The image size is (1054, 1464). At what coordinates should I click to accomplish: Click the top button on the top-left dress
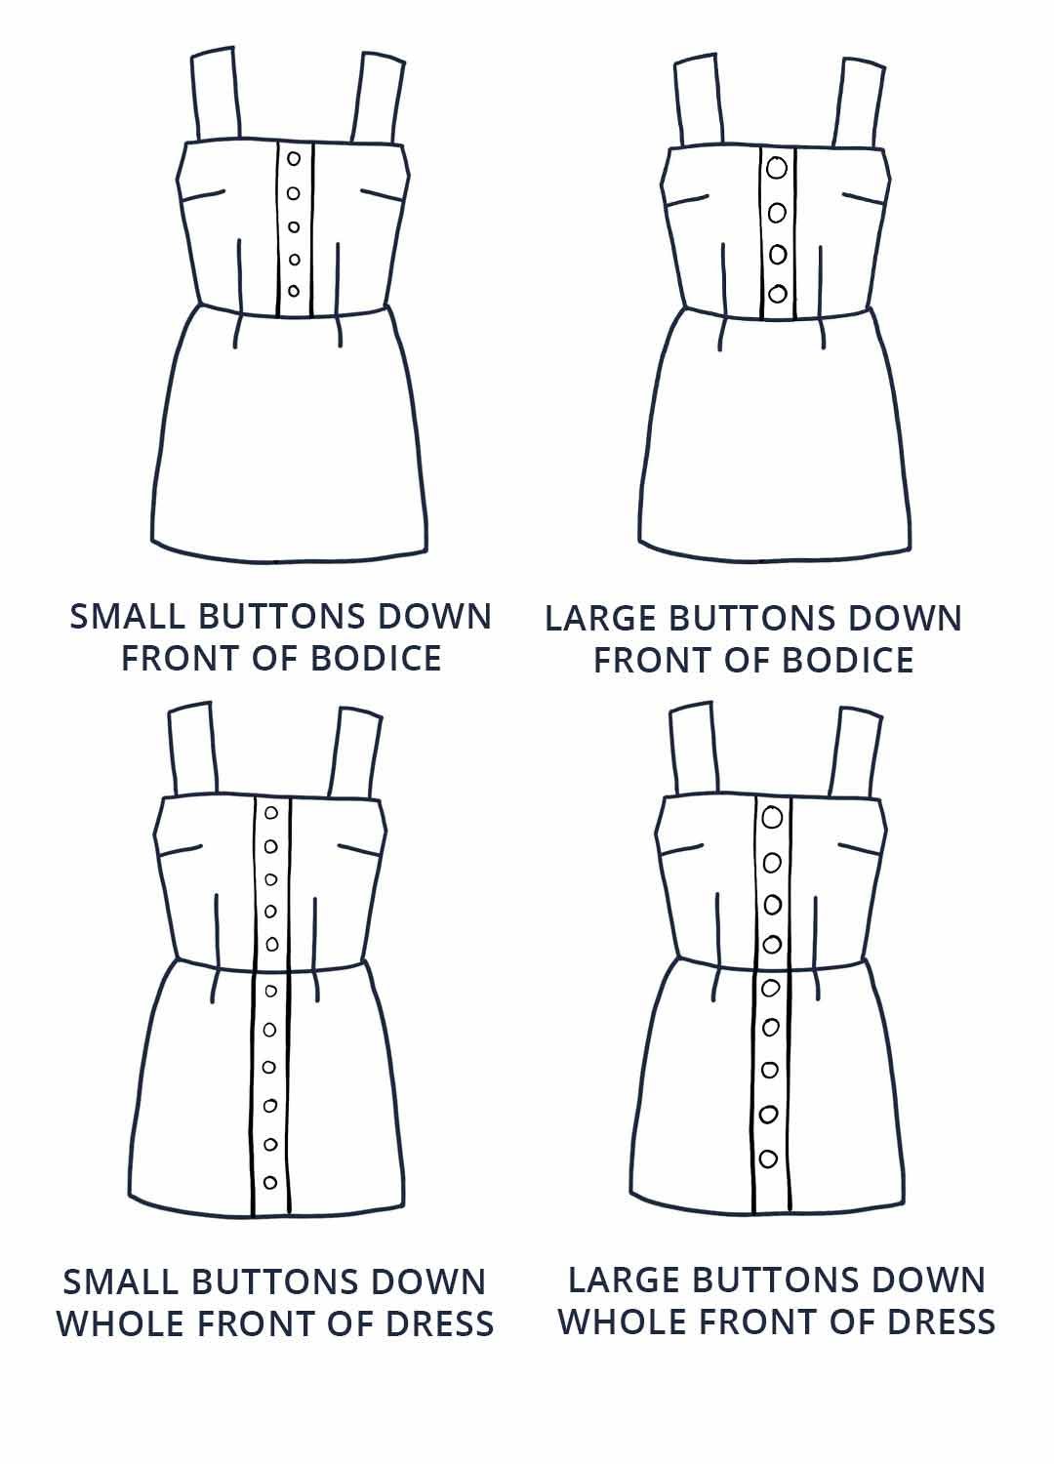click(294, 158)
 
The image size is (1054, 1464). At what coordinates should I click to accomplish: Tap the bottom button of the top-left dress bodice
click(294, 291)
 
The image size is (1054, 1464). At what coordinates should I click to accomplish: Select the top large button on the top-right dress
click(777, 168)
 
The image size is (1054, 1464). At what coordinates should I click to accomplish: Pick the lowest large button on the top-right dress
click(778, 294)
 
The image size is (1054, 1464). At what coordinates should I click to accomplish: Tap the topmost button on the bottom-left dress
click(270, 813)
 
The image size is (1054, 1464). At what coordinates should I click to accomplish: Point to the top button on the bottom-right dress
click(772, 817)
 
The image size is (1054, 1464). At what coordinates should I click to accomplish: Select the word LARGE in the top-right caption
click(599, 618)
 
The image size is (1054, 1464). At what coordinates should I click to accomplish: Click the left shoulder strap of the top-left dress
click(215, 94)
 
